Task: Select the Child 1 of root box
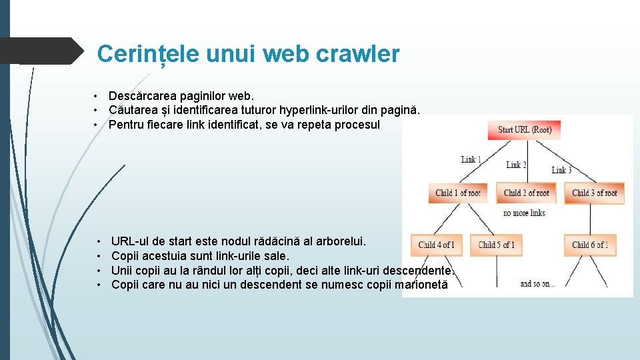coord(457,193)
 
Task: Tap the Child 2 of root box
coord(526,193)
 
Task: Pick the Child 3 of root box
coord(594,193)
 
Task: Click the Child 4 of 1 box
coord(436,245)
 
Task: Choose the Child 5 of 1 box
coord(497,245)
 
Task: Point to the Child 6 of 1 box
coord(590,245)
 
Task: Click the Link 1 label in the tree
coord(471,159)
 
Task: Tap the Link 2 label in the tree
coord(516,165)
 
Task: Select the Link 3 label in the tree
coord(562,170)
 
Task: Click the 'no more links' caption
coord(524,213)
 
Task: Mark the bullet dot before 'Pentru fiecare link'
coord(97,124)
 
